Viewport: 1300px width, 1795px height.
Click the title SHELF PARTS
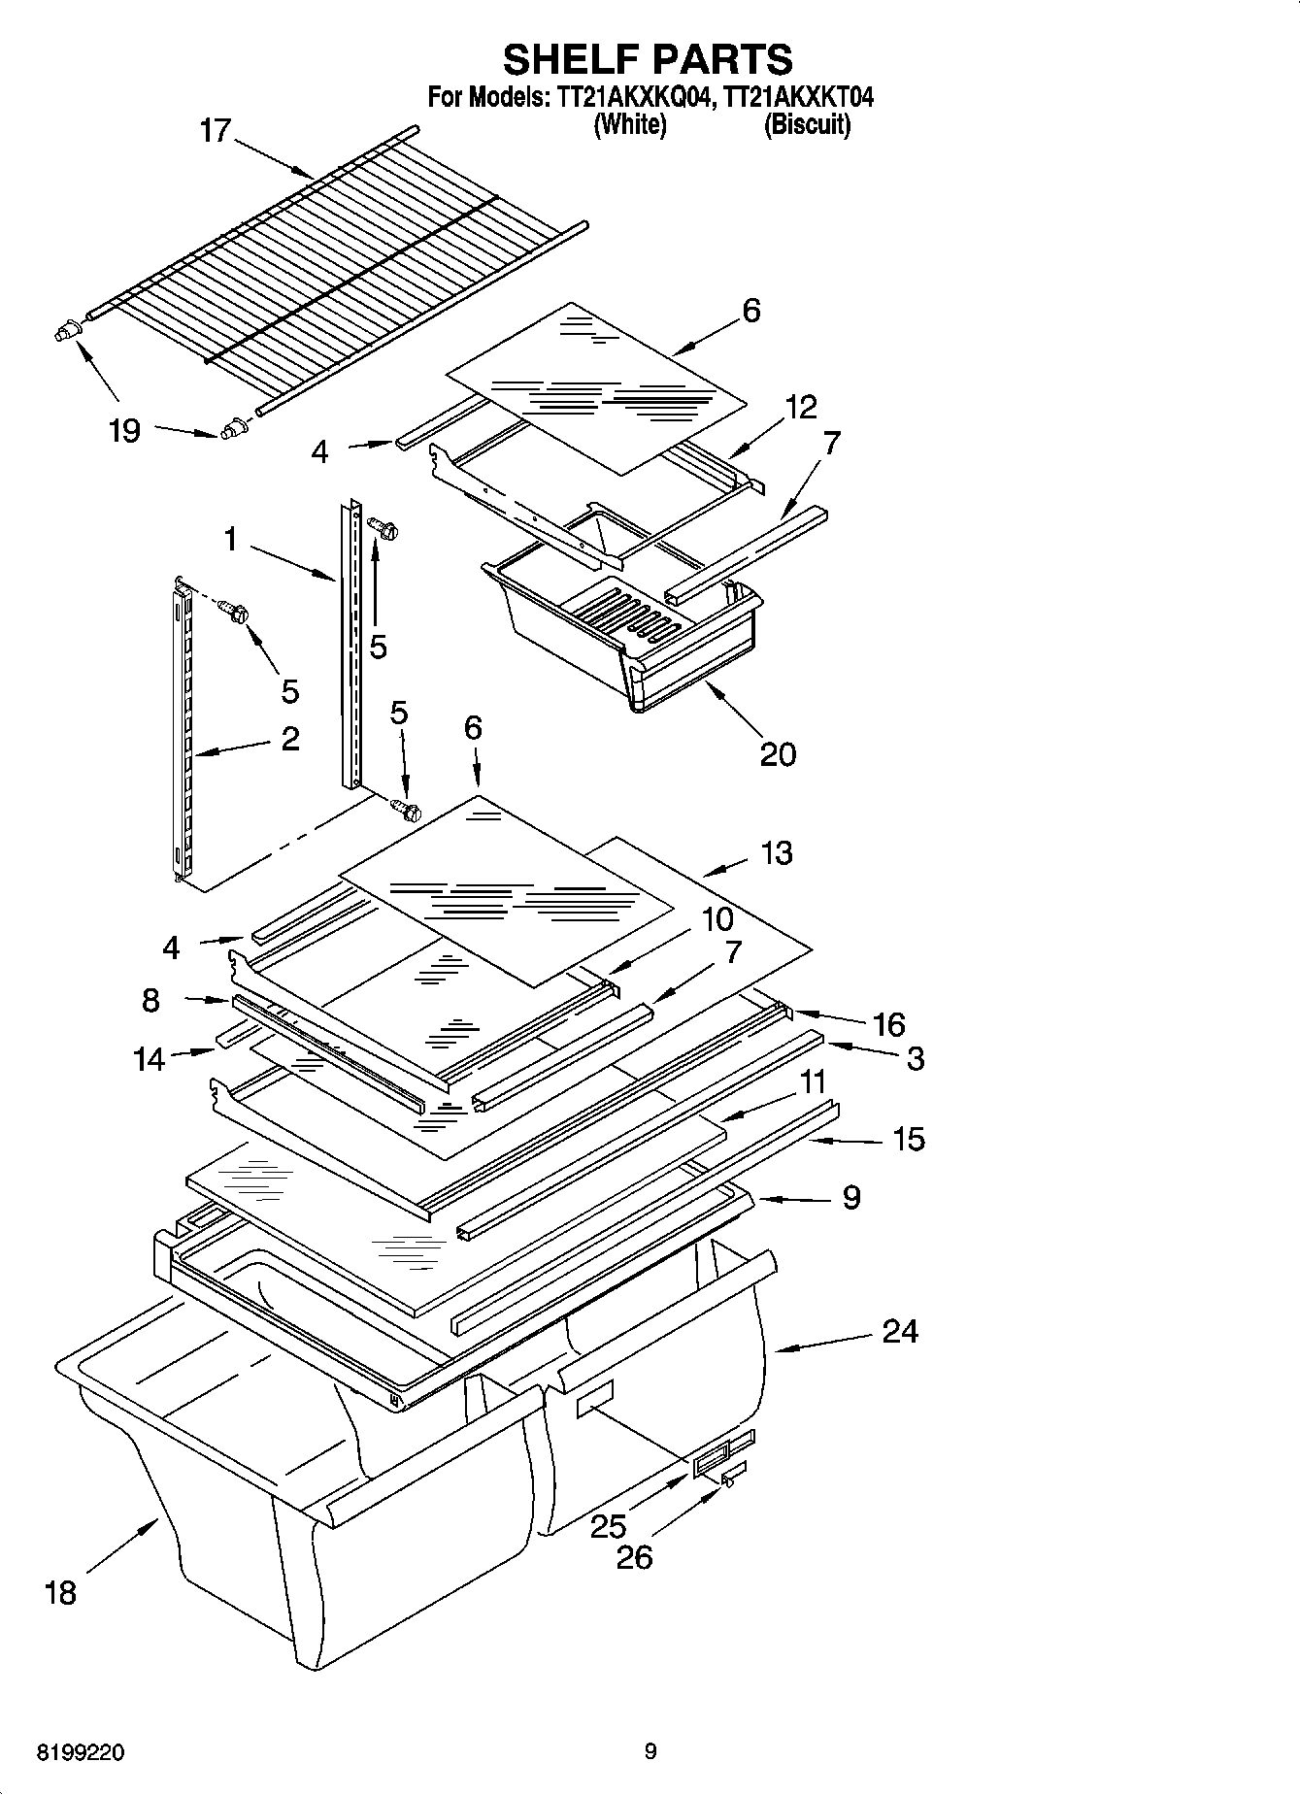(x=648, y=59)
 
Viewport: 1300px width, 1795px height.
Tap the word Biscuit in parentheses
(x=807, y=124)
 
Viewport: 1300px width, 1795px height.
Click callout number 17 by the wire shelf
(x=215, y=130)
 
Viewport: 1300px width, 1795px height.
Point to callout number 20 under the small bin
(x=778, y=753)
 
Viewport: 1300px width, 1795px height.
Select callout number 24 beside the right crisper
(x=900, y=1330)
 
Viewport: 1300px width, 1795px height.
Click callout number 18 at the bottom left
(x=60, y=1592)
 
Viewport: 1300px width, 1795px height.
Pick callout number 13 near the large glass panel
(x=777, y=853)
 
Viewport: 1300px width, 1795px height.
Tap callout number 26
(x=635, y=1557)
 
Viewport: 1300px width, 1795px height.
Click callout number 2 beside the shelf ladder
(x=289, y=739)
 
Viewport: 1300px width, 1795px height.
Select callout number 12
(x=801, y=407)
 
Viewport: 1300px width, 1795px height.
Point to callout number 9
(x=850, y=1197)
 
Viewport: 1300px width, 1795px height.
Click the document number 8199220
(x=80, y=1752)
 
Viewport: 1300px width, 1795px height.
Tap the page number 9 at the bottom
(x=650, y=1751)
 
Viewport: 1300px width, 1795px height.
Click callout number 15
(x=908, y=1139)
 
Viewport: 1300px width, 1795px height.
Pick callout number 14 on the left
(x=150, y=1059)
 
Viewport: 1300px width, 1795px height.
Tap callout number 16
(x=888, y=1024)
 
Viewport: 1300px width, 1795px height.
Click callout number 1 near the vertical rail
(x=230, y=539)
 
